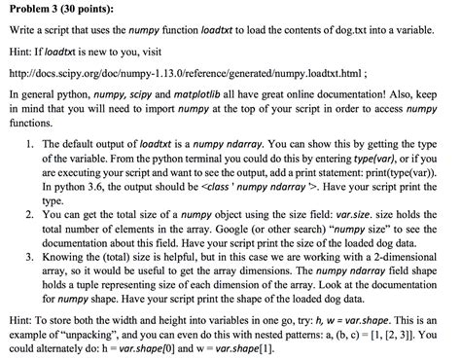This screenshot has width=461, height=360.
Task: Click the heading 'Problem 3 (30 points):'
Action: point(60,11)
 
